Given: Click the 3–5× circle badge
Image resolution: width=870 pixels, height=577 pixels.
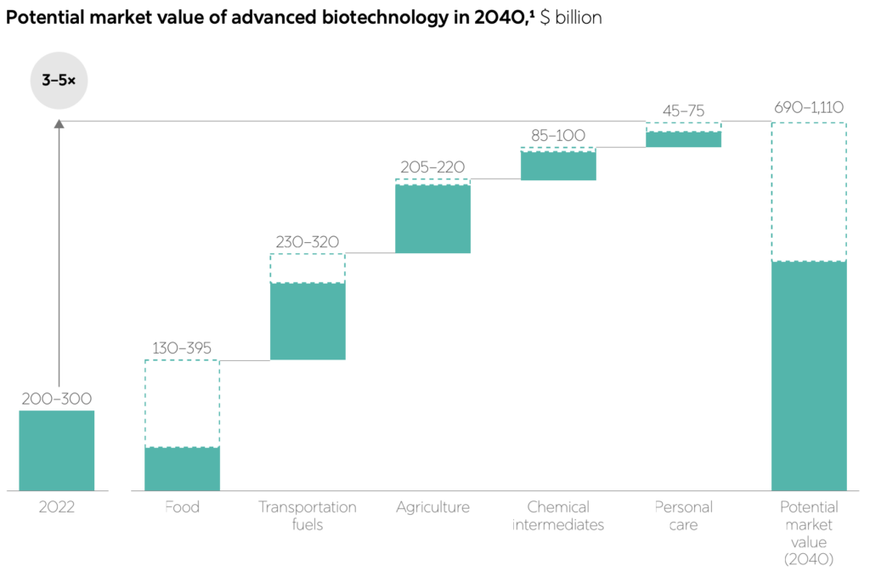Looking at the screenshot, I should (x=59, y=81).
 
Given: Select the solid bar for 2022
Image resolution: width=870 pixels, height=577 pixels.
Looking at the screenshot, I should (x=57, y=450).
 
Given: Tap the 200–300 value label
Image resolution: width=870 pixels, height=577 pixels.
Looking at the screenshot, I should (x=57, y=399).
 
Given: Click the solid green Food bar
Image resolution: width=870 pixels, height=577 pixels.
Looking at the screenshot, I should (x=182, y=469).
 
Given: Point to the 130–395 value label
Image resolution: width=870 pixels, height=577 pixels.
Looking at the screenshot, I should (x=182, y=348).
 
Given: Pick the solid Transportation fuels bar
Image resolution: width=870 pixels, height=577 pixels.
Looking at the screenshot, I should (x=308, y=321).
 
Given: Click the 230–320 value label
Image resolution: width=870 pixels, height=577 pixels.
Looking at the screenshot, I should (x=308, y=241).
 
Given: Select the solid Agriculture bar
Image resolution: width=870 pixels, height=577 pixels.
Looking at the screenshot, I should (x=432, y=218).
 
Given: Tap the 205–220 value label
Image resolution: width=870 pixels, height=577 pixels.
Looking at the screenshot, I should (x=432, y=167).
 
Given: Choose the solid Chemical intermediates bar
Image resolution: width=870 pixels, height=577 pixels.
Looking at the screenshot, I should (x=558, y=166).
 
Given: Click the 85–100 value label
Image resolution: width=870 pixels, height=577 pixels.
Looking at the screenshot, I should (x=557, y=134).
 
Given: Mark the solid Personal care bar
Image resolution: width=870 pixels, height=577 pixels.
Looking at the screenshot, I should (x=683, y=139).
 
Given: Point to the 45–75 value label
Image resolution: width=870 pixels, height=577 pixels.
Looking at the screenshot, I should (x=683, y=110).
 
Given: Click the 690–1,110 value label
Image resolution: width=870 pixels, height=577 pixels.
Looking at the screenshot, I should (x=808, y=108).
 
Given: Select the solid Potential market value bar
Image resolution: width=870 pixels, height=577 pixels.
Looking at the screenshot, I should (x=809, y=376).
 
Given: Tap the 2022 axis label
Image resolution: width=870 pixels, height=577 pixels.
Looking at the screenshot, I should (x=57, y=507).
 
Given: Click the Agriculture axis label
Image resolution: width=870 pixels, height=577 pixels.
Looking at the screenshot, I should (x=432, y=507).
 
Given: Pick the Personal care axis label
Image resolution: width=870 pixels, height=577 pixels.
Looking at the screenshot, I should (x=683, y=516).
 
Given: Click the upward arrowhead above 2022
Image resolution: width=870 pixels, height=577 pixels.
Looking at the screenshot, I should (x=59, y=124).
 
